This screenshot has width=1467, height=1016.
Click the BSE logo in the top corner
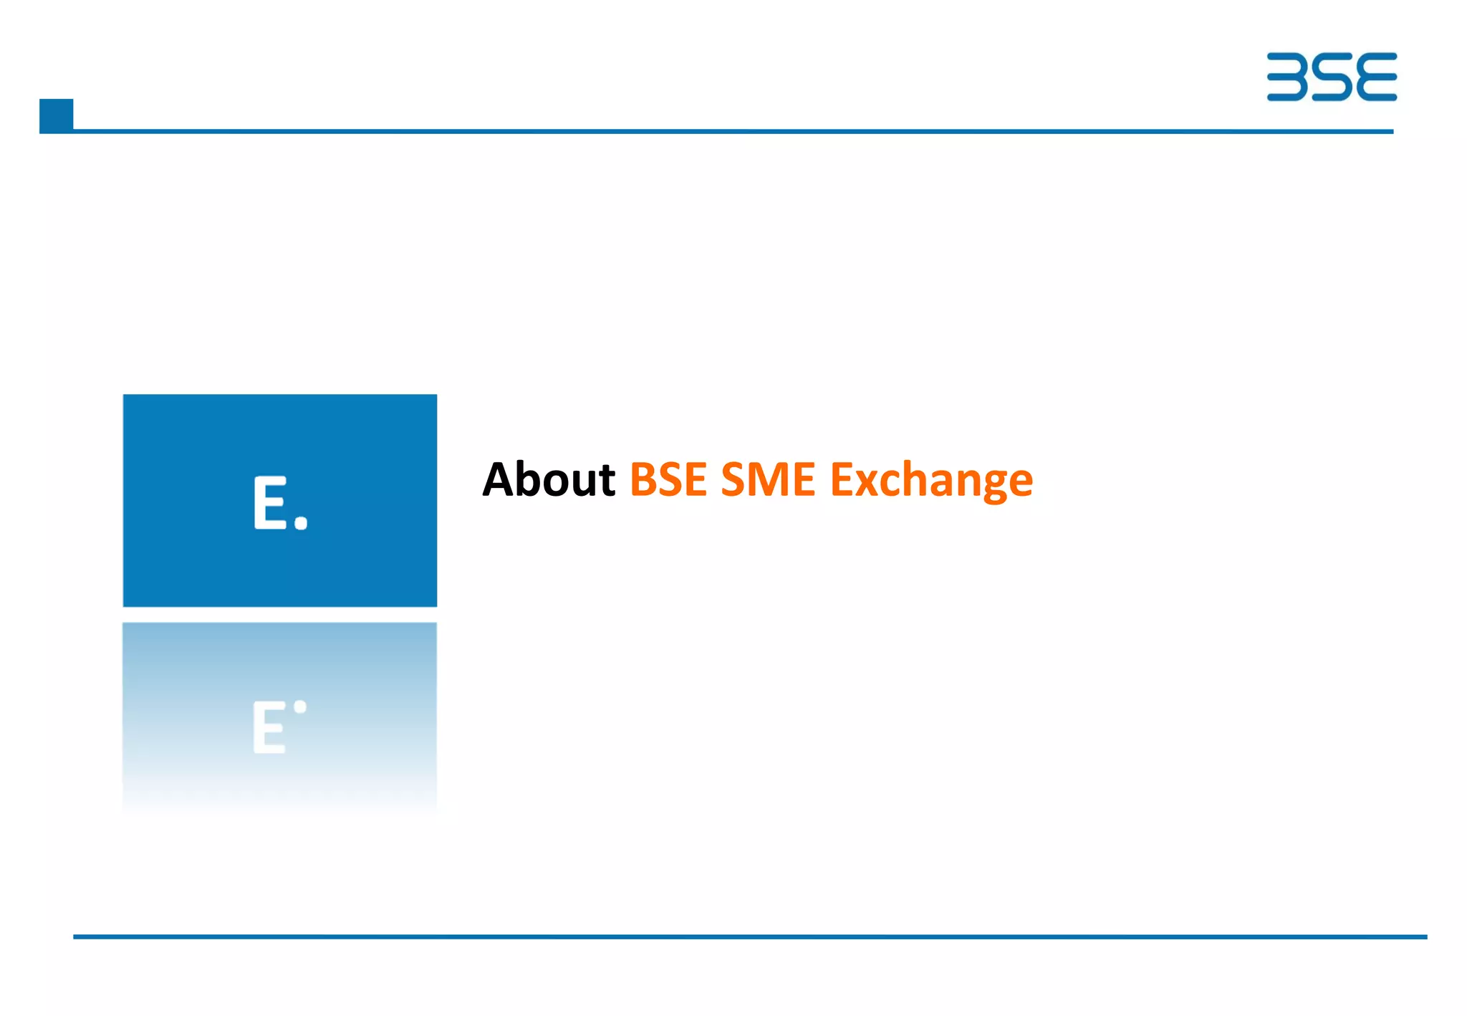click(x=1331, y=77)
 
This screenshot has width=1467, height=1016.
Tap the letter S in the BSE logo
click(x=1332, y=77)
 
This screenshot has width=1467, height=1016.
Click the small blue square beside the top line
click(x=56, y=115)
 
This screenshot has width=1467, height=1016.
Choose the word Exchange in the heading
click(x=931, y=480)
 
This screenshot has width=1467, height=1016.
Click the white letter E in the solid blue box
click(x=270, y=503)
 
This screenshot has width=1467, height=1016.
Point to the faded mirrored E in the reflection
click(x=269, y=727)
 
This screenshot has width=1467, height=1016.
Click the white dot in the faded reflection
click(x=300, y=707)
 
